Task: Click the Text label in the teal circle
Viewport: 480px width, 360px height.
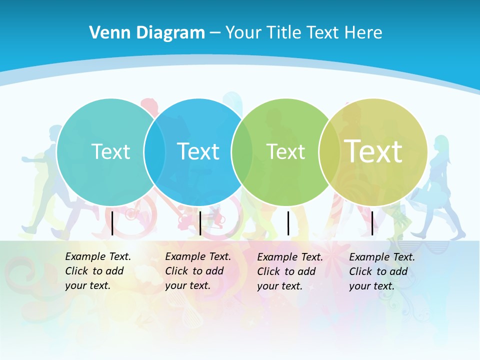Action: point(110,151)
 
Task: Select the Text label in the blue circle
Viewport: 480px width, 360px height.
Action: point(198,151)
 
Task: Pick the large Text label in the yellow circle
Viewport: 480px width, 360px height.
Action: point(373,151)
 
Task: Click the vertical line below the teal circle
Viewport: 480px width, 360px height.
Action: point(112,223)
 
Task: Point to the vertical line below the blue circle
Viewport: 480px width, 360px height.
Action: point(200,223)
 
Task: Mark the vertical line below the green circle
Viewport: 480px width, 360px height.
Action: point(288,223)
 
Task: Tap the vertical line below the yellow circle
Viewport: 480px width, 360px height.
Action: point(372,223)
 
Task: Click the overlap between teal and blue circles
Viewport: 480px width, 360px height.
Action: point(154,151)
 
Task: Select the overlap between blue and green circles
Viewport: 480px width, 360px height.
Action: point(242,151)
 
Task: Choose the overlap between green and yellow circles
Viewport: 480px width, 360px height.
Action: point(329,151)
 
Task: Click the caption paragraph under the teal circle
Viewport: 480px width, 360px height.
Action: point(98,271)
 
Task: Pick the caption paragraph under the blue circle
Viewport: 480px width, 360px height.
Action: point(198,271)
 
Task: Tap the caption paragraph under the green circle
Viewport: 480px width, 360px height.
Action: point(290,271)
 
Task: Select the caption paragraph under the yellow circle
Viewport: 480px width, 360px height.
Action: point(382,271)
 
